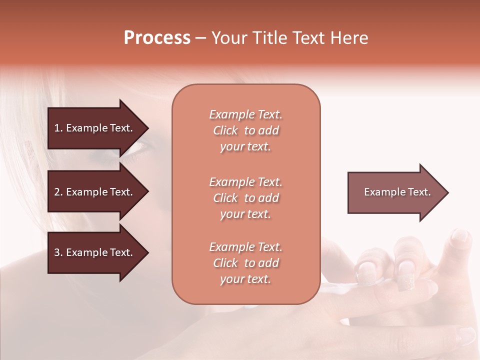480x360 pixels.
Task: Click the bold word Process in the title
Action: [157, 38]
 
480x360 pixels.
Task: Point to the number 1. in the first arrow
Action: [58, 128]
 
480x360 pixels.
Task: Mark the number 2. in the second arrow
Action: [58, 192]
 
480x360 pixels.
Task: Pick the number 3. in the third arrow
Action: [58, 252]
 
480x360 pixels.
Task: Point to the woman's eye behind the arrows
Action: [136, 149]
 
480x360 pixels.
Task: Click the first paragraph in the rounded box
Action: [245, 130]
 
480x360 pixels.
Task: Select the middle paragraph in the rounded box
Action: [245, 198]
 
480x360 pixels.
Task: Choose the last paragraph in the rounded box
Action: [245, 263]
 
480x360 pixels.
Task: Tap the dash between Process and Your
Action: [201, 38]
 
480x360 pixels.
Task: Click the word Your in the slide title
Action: [229, 38]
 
